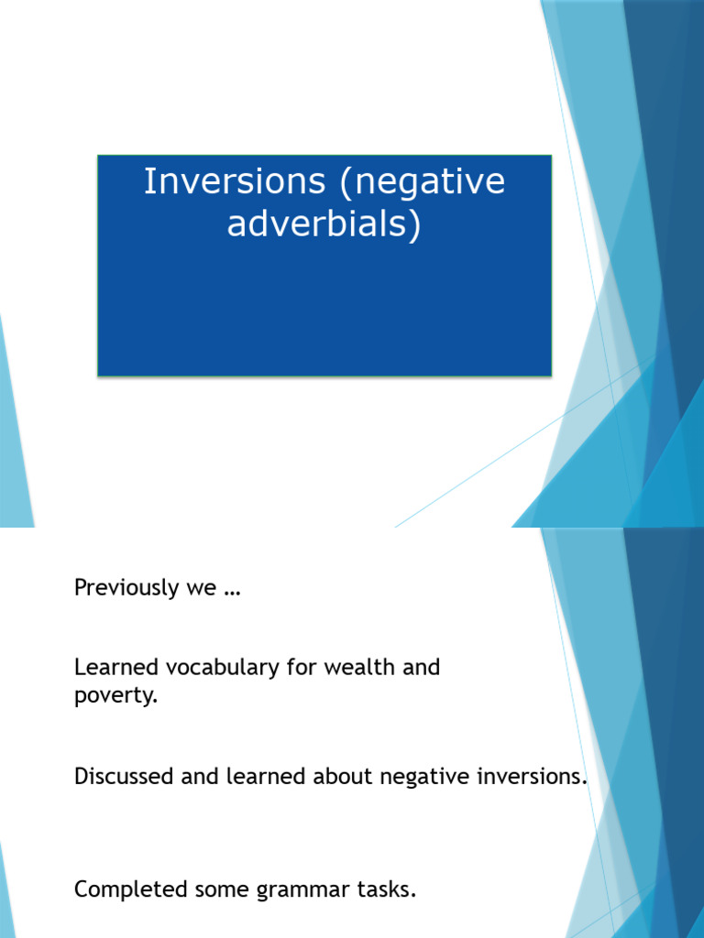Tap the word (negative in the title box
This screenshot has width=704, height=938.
pyautogui.click(x=422, y=183)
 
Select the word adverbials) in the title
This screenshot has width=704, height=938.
pyautogui.click(x=324, y=224)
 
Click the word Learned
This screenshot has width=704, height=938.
pyautogui.click(x=116, y=667)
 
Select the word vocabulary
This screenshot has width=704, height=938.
pyautogui.click(x=223, y=669)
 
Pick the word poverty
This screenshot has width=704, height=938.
pyautogui.click(x=115, y=697)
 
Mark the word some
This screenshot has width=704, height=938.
pyautogui.click(x=222, y=891)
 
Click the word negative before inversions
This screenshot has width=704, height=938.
pyautogui.click(x=425, y=778)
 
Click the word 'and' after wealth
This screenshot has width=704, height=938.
pyautogui.click(x=421, y=667)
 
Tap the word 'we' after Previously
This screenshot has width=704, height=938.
pyautogui.click(x=201, y=590)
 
